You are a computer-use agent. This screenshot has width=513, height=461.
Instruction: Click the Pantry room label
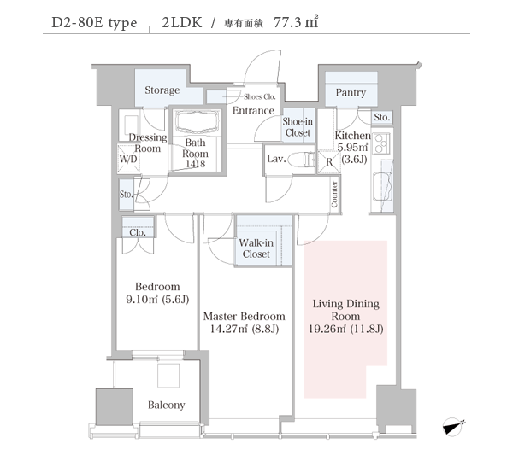[351, 92]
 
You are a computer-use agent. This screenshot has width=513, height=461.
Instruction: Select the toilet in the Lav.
[309, 160]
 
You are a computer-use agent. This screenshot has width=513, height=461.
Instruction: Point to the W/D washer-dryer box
[128, 158]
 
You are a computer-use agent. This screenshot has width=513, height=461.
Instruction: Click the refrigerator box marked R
[329, 161]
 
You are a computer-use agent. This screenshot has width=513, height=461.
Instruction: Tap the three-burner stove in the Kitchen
[381, 143]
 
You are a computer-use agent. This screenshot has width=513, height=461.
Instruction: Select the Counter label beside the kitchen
[334, 194]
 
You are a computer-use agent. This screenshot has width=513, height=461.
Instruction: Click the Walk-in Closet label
[256, 248]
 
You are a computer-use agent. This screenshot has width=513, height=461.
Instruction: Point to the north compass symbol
[453, 427]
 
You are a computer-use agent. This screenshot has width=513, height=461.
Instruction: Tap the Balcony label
[166, 406]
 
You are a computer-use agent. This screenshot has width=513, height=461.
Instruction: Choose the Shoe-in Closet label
[298, 127]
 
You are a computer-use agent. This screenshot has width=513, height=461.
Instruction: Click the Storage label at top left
[162, 90]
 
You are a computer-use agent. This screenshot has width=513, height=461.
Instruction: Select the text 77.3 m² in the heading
[296, 22]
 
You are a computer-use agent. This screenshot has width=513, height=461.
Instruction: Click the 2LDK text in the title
[182, 22]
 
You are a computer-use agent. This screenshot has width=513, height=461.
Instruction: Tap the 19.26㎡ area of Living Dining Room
[327, 329]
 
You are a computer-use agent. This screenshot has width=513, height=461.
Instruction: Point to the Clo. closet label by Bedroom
[138, 232]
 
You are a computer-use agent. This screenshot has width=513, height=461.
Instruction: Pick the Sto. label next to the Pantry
[382, 117]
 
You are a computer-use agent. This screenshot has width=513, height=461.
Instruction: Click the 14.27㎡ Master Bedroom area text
[228, 329]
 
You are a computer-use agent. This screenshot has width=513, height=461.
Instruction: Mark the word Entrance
[253, 110]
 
